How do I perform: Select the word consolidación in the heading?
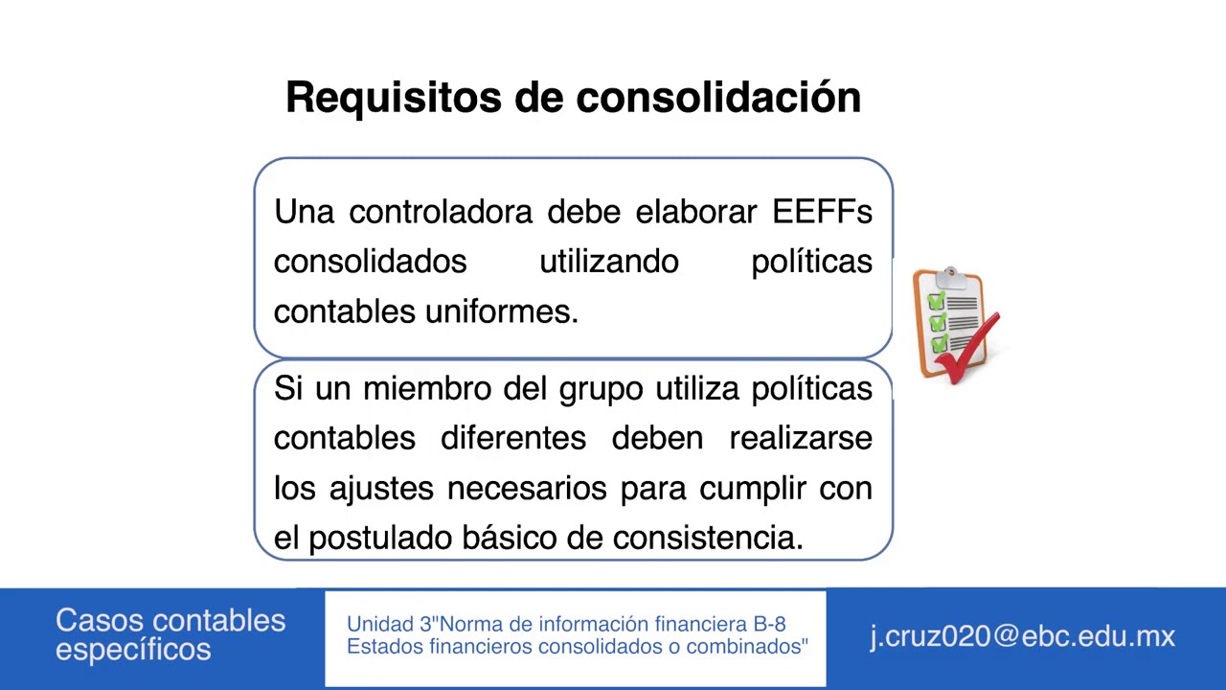tap(718, 98)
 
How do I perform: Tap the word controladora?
tap(440, 212)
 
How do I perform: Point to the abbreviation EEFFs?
tap(822, 212)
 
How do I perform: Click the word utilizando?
tap(609, 262)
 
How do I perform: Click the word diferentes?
tap(512, 438)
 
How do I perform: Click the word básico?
tap(509, 538)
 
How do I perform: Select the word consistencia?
tap(707, 538)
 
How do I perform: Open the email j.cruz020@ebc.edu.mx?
tap(1022, 636)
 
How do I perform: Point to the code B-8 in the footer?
tap(769, 624)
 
